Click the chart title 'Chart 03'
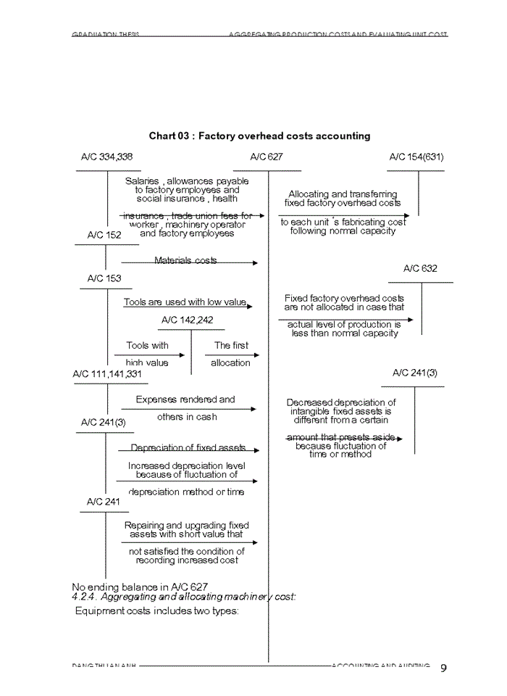[259, 136]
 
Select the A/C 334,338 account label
[106, 157]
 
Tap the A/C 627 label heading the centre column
[267, 157]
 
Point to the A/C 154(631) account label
[416, 157]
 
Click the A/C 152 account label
[104, 235]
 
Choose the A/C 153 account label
[104, 278]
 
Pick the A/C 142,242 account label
[187, 320]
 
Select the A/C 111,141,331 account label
[107, 373]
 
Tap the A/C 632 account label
[420, 268]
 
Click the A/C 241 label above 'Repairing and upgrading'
[103, 501]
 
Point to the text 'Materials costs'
[185, 260]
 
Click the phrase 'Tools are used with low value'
[185, 302]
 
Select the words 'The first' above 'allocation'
[231, 346]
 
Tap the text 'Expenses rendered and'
[185, 399]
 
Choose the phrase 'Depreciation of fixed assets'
[188, 448]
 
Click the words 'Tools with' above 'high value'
[147, 346]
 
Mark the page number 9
[443, 668]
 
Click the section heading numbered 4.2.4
[184, 597]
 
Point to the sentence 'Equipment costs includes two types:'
[157, 610]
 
